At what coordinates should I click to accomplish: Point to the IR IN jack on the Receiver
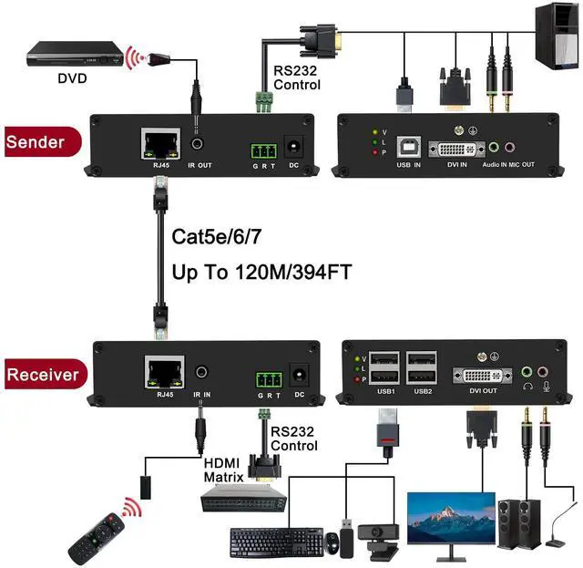pyautogui.click(x=202, y=371)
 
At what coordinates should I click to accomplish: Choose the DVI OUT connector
pyautogui.click(x=484, y=376)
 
